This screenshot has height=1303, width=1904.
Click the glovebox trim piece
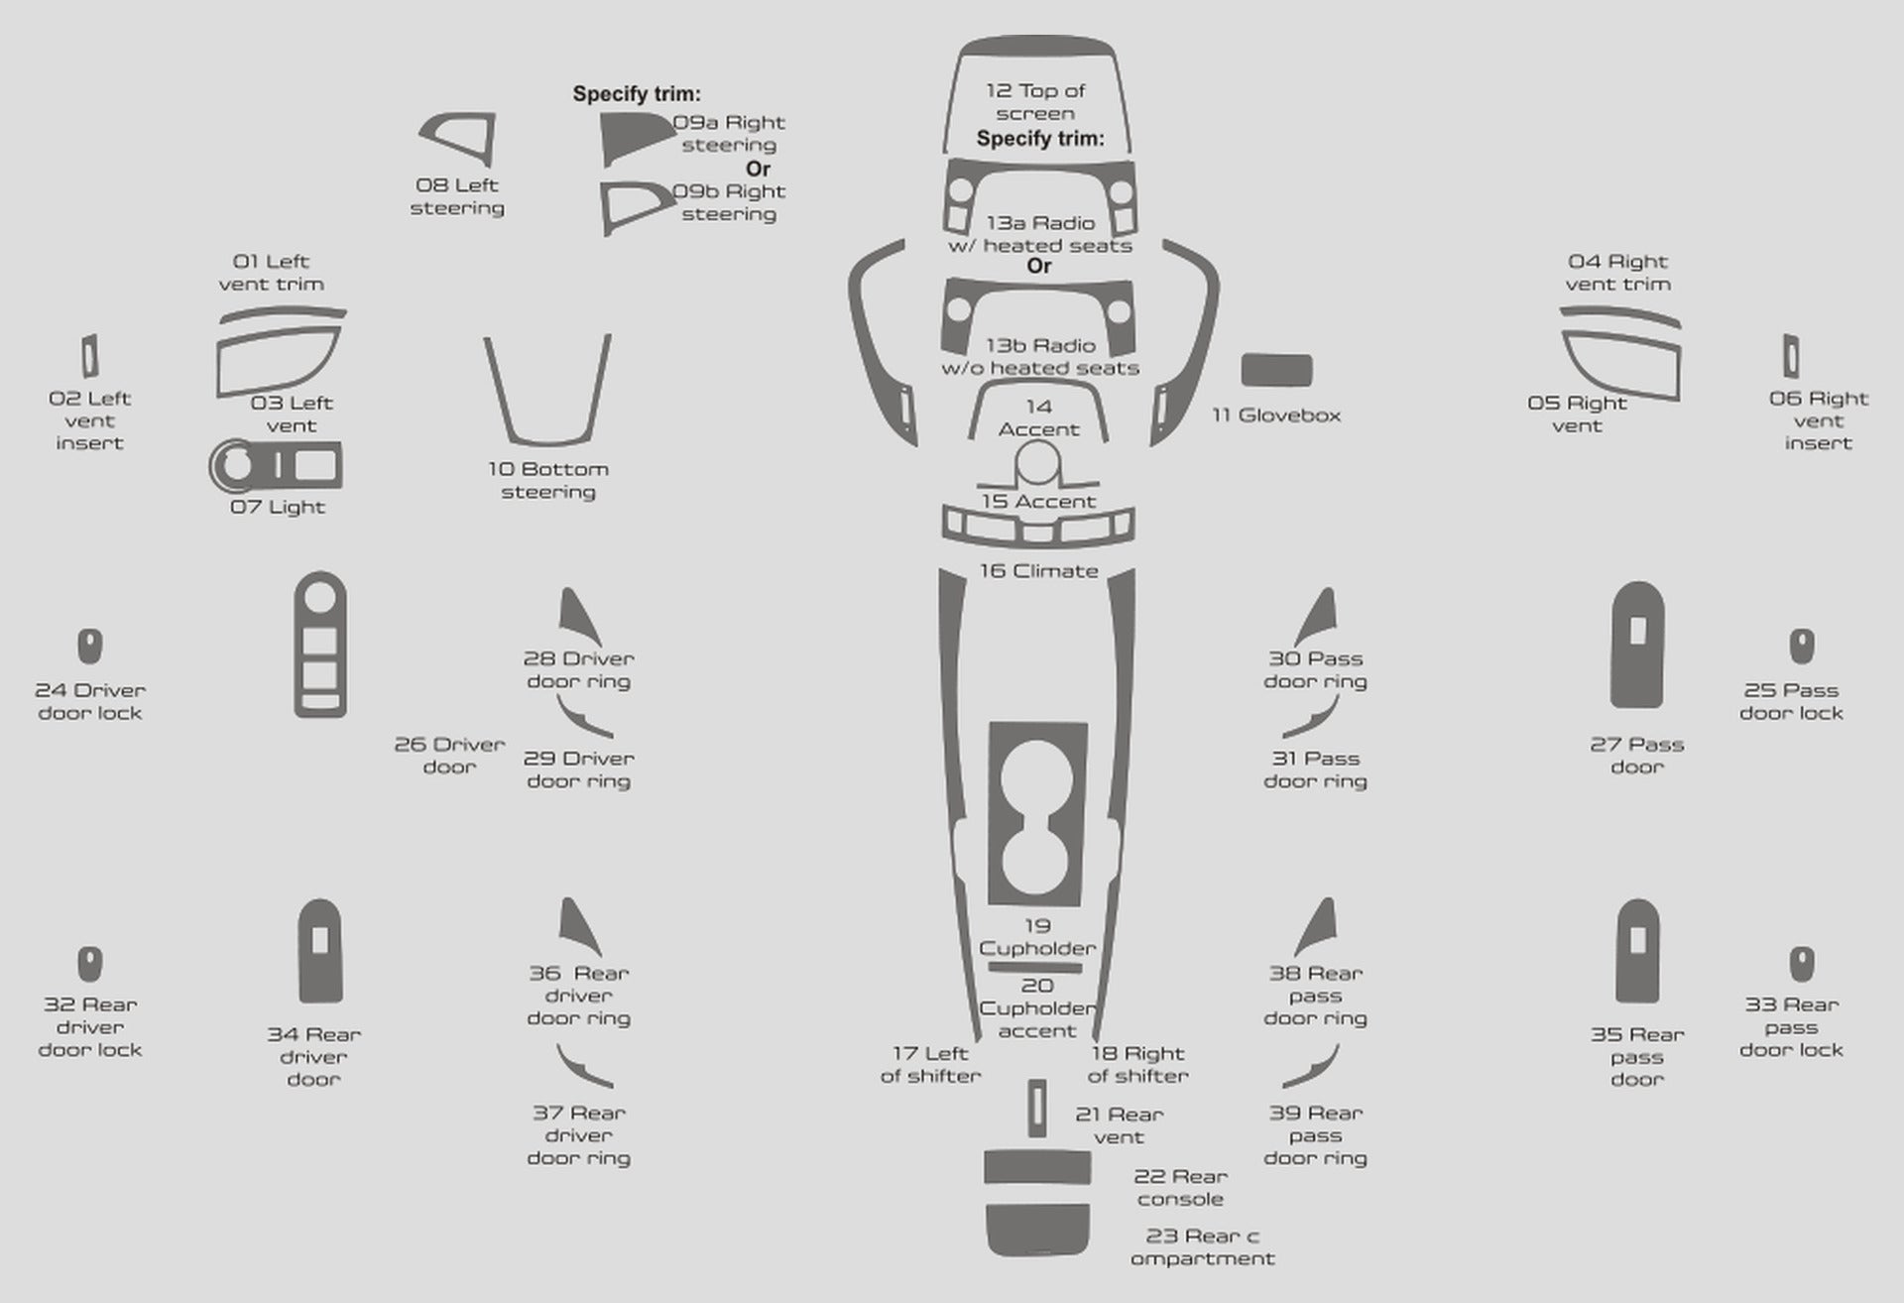tap(1276, 370)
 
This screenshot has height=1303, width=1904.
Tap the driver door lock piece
tap(90, 647)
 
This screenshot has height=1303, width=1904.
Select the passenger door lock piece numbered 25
tap(1802, 647)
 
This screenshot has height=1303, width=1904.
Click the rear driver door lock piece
tap(90, 964)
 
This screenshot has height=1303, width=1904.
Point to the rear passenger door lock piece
tap(1802, 964)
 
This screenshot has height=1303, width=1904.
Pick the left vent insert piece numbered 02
tap(89, 356)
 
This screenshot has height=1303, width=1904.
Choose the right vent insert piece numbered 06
tap(1791, 356)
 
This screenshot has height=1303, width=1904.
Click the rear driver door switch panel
tap(319, 952)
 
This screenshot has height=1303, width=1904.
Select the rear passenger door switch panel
tap(1637, 952)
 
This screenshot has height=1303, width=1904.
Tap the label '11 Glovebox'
tap(1276, 415)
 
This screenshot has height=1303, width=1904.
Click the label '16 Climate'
tap(1038, 571)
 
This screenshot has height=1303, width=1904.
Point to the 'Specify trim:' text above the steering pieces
tap(637, 94)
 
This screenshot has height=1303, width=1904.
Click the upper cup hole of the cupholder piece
tap(1037, 777)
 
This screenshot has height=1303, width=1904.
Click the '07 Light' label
tap(278, 507)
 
